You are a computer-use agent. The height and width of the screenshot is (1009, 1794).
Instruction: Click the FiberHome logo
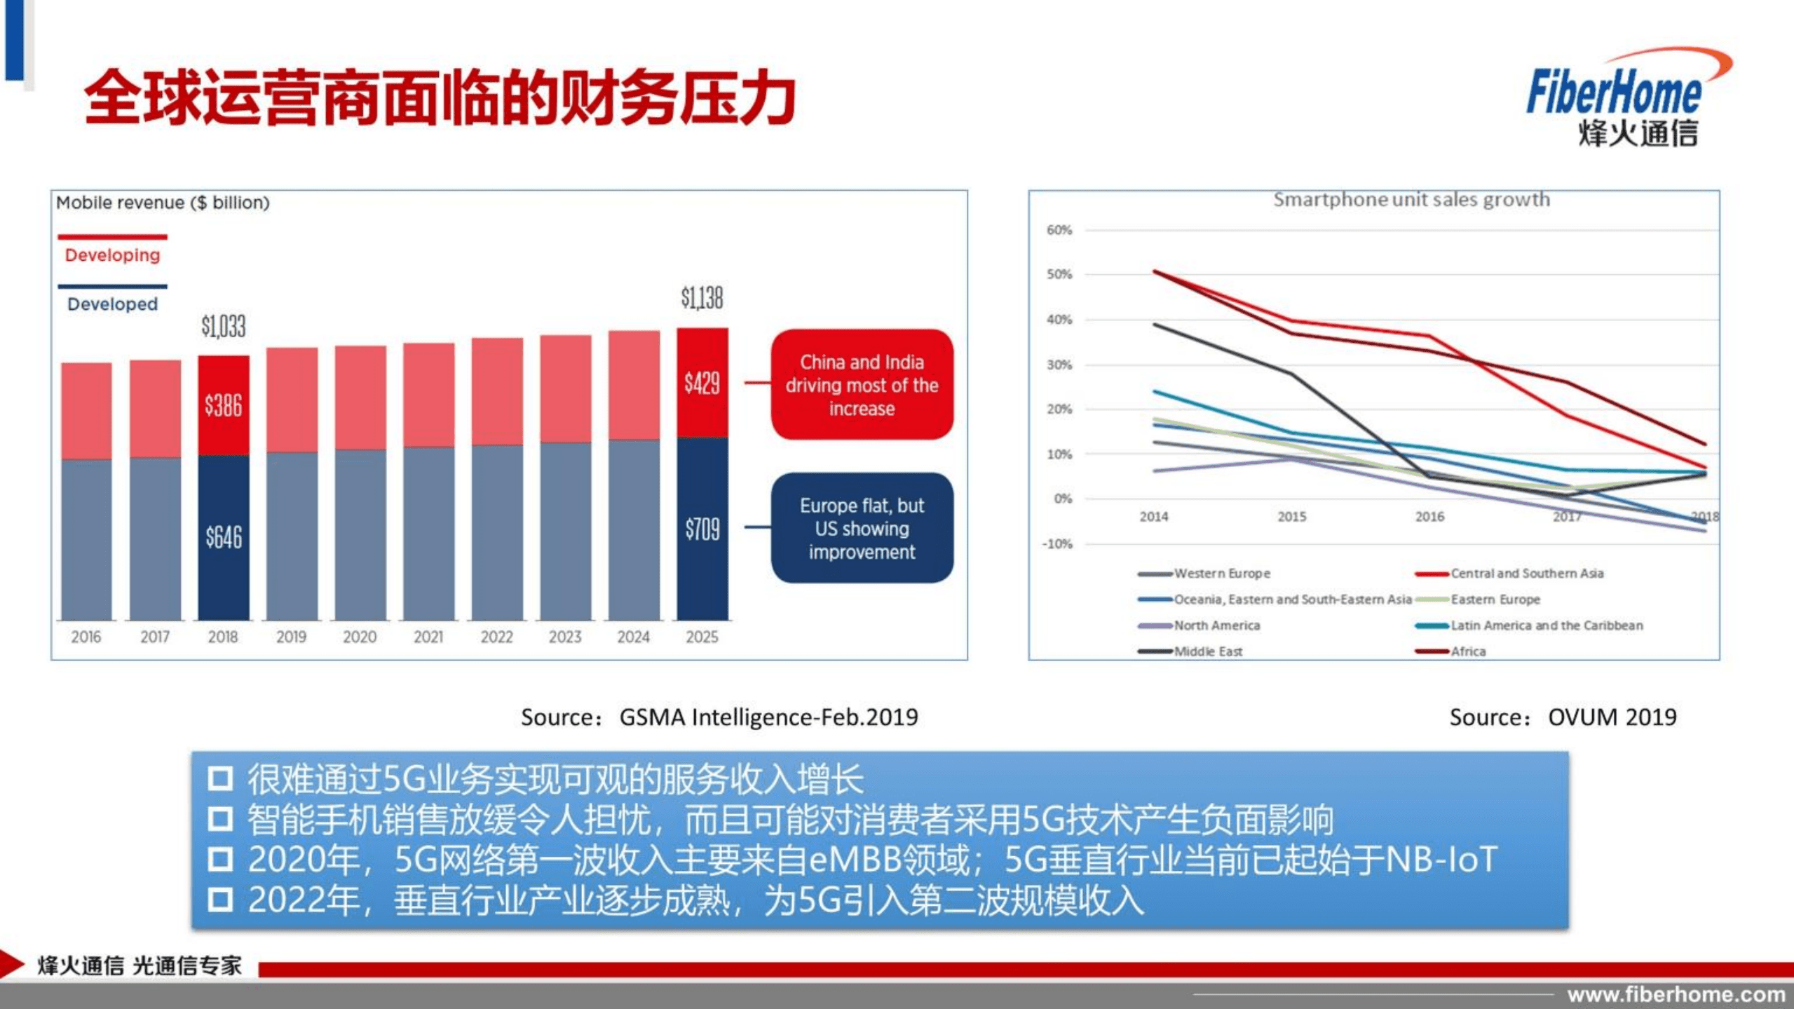(1619, 98)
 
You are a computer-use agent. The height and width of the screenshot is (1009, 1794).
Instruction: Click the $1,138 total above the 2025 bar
(702, 298)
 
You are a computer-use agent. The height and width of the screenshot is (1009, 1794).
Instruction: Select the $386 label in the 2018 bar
(223, 405)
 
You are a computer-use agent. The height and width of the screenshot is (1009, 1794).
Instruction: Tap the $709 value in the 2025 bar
(702, 529)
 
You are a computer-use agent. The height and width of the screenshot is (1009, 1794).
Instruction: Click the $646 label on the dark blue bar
(223, 537)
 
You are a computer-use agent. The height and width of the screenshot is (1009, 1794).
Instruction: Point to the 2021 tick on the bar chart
(428, 637)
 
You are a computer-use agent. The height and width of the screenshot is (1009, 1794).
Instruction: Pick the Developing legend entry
(112, 255)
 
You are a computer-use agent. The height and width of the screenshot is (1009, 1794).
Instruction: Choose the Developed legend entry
(112, 304)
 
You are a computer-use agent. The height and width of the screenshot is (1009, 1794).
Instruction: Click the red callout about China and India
(862, 385)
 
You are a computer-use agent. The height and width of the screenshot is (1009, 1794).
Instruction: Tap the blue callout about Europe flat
(862, 529)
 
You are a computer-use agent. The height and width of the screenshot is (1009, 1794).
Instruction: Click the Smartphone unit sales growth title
(1411, 200)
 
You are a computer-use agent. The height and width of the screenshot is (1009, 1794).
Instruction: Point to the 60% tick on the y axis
(1059, 230)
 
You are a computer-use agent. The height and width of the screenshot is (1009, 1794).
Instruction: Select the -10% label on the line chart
(1056, 543)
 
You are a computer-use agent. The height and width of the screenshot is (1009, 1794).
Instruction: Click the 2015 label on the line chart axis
(1291, 517)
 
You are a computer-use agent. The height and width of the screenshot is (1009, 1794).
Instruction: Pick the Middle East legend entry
(1207, 651)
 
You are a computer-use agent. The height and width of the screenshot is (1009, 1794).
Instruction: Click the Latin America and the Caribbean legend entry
(1546, 625)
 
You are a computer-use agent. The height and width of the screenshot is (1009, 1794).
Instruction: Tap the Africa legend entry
(1467, 651)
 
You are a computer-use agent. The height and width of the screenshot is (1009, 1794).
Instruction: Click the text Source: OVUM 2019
(1563, 717)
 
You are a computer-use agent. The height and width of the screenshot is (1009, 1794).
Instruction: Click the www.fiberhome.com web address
(1676, 994)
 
